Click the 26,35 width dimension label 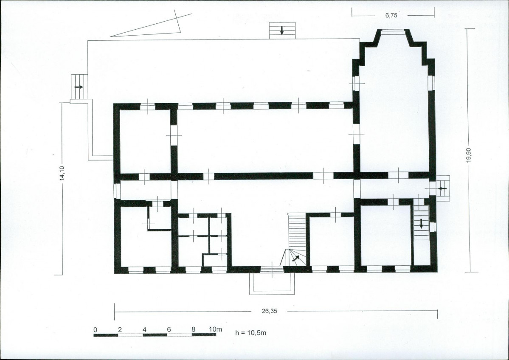tap(270, 311)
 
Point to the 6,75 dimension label tap(391, 15)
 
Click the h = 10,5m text tap(251, 333)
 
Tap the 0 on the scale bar tap(95, 329)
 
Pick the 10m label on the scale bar tap(215, 329)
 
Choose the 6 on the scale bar tap(169, 329)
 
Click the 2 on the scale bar tap(120, 329)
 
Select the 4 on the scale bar tap(144, 329)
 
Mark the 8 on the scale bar tap(194, 329)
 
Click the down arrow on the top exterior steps tap(282, 30)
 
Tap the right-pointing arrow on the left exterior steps tap(79, 87)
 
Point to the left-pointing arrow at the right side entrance tap(442, 188)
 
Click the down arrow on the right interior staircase tap(421, 224)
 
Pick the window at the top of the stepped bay tap(392, 31)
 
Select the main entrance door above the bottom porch tap(272, 269)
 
